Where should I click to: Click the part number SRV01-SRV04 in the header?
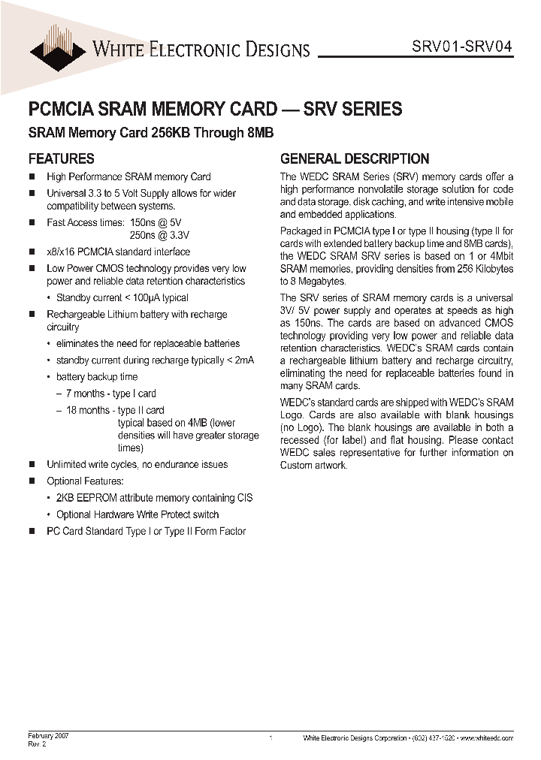462,45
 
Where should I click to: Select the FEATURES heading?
61,158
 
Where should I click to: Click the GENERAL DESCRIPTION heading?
355,158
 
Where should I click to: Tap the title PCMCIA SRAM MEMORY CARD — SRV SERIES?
215,109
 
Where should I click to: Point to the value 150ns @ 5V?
156,223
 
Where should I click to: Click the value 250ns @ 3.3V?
159,236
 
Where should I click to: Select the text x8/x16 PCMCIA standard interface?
118,252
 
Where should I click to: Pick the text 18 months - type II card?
115,410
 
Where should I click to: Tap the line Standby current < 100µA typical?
122,298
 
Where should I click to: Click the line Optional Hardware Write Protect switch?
138,514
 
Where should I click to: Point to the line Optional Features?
85,481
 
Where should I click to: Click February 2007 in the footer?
49,736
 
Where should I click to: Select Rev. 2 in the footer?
38,744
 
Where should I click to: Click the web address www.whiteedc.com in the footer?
487,738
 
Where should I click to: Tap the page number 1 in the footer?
270,739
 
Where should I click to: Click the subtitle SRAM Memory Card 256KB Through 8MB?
150,134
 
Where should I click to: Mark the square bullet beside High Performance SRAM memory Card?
32,177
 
